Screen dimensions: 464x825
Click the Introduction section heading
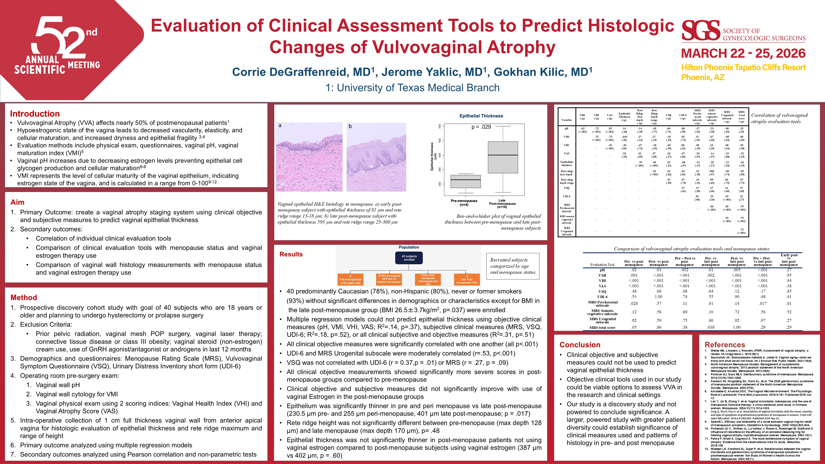(x=35, y=114)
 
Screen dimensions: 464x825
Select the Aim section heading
(x=17, y=202)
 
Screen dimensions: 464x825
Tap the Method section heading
(x=24, y=298)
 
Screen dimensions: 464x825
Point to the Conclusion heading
(x=580, y=345)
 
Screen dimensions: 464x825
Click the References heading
(x=725, y=345)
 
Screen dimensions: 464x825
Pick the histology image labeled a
(x=309, y=157)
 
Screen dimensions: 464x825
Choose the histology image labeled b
(x=376, y=157)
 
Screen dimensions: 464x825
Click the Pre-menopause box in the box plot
(x=465, y=181)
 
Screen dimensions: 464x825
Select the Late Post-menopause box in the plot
(x=503, y=157)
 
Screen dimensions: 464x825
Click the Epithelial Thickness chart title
(x=481, y=116)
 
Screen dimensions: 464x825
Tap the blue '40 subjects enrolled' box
(x=409, y=258)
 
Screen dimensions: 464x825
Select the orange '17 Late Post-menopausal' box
(x=467, y=279)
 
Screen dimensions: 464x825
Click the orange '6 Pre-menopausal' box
(x=350, y=279)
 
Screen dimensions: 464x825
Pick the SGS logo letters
(x=700, y=30)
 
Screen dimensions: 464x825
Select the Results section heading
(x=291, y=254)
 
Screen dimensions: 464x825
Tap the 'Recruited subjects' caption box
(x=512, y=266)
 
